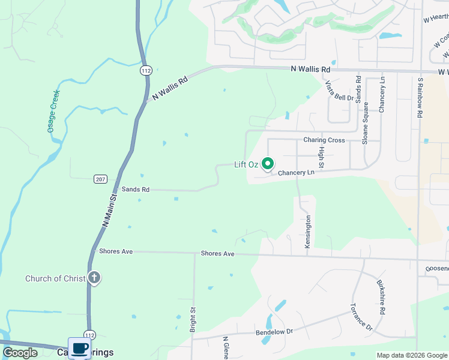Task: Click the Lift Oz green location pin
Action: point(268,163)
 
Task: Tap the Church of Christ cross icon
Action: point(94,278)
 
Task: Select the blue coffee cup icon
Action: point(79,348)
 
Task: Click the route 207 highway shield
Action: point(100,179)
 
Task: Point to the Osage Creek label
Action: point(53,111)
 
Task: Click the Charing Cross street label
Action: point(324,140)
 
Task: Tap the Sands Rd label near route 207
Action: point(135,189)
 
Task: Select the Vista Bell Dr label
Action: point(340,91)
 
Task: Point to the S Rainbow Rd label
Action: point(420,97)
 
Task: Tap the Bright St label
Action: point(193,320)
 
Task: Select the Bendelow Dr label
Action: point(274,331)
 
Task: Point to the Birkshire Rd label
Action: point(381,297)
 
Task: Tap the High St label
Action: point(322,157)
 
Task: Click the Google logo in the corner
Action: point(20,353)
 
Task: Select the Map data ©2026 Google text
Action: point(412,355)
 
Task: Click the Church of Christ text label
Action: point(55,278)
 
